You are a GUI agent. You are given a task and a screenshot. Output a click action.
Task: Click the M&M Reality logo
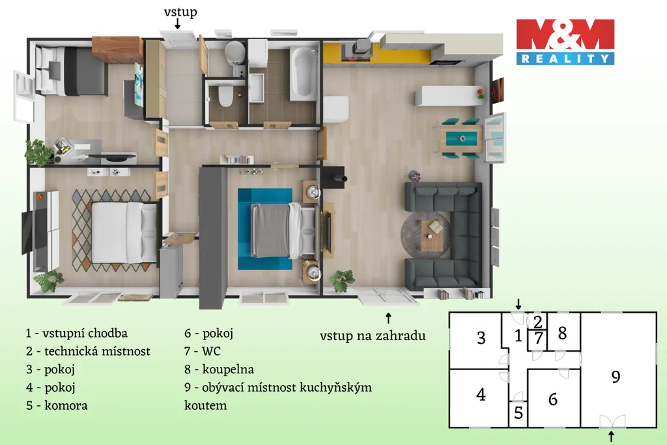click(x=565, y=42)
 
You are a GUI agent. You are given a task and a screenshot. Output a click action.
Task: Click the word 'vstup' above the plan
click(x=180, y=12)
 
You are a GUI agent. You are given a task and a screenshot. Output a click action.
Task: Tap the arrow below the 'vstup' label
click(x=177, y=24)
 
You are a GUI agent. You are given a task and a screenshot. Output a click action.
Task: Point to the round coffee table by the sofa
click(x=426, y=235)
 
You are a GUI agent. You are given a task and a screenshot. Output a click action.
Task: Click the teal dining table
click(x=462, y=139)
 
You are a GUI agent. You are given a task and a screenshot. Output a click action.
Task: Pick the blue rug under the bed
click(x=265, y=229)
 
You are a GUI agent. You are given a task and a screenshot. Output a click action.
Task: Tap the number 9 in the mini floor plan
click(x=616, y=377)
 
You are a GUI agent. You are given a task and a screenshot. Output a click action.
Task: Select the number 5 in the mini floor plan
click(x=518, y=412)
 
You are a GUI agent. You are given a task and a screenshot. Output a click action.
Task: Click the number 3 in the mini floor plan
click(x=481, y=337)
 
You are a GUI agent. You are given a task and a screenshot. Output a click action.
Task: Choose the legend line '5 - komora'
click(x=57, y=405)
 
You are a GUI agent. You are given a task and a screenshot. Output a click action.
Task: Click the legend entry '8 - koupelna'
click(x=219, y=369)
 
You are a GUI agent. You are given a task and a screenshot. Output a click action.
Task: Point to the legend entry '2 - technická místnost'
click(x=88, y=351)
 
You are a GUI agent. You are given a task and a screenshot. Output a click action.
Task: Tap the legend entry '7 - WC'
click(x=203, y=351)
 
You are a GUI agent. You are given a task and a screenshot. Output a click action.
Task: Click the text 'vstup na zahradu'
click(x=373, y=336)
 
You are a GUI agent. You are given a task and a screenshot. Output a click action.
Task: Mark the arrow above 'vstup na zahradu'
click(x=388, y=318)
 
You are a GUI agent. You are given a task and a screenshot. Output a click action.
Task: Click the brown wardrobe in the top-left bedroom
click(x=117, y=50)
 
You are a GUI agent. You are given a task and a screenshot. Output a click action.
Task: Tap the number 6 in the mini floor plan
click(x=552, y=399)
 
